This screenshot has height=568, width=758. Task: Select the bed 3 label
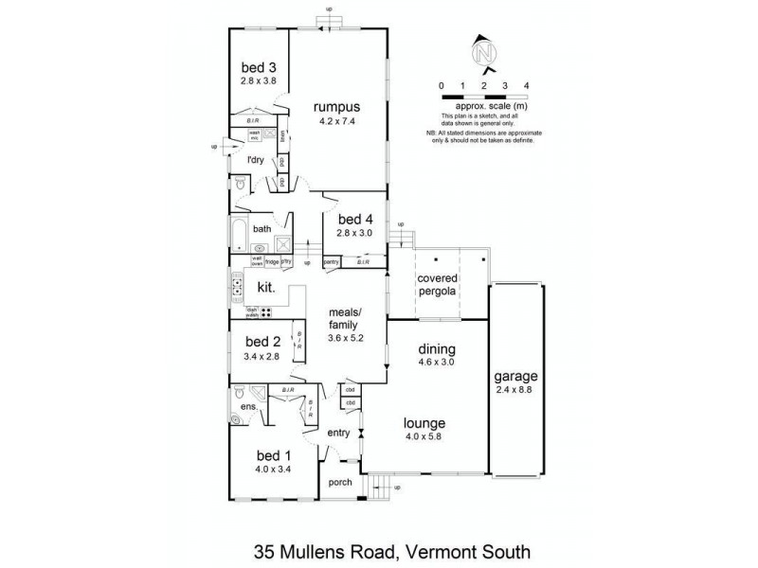tap(259, 67)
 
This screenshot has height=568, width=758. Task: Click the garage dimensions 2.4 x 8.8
tap(515, 388)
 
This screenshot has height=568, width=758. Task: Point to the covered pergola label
tap(439, 284)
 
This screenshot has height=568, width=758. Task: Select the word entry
tap(338, 434)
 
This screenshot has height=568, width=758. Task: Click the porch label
tap(339, 483)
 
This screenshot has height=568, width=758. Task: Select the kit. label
tap(267, 285)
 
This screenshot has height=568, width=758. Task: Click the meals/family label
tap(344, 318)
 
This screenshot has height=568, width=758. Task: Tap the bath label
tap(262, 229)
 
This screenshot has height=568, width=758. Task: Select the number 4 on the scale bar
tap(526, 85)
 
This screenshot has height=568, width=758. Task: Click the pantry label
tap(332, 261)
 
